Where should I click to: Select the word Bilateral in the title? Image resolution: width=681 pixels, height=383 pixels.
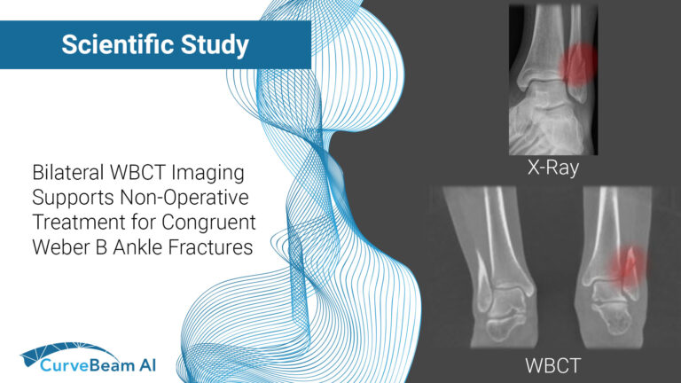point(66,169)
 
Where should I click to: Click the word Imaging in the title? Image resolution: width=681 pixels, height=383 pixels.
point(210,169)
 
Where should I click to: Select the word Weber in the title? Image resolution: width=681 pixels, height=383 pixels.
point(59,246)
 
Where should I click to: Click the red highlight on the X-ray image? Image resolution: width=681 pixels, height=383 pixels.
point(577,62)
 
